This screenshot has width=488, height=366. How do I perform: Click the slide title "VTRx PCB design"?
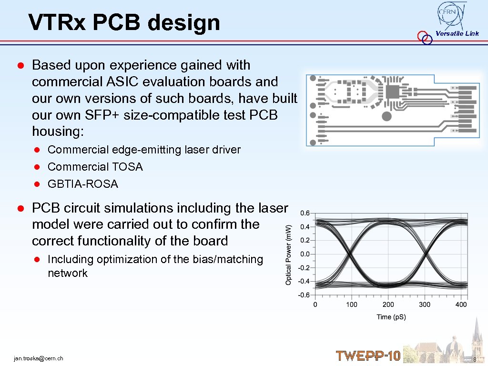pyautogui.click(x=124, y=22)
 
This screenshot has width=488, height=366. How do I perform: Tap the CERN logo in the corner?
pyautogui.click(x=451, y=15)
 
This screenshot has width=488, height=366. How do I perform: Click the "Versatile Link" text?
pyautogui.click(x=457, y=33)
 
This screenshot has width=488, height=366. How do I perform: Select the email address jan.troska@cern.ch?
pyautogui.click(x=39, y=358)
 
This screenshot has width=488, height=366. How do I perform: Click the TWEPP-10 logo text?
pyautogui.click(x=368, y=356)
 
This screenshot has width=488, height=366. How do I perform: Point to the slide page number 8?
pyautogui.click(x=475, y=359)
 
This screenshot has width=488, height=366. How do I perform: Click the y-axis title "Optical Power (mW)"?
pyautogui.click(x=289, y=255)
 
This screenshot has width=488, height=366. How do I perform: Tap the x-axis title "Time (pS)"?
pyautogui.click(x=391, y=317)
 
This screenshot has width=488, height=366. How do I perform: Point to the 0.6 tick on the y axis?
pyautogui.click(x=305, y=213)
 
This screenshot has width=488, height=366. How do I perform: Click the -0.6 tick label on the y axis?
pyautogui.click(x=304, y=295)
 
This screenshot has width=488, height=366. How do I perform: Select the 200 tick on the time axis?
pyautogui.click(x=388, y=305)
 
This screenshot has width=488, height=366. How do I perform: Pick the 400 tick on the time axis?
pyautogui.click(x=461, y=305)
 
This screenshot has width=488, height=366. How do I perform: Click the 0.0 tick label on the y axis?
pyautogui.click(x=305, y=254)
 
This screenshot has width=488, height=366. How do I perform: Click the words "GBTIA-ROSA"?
pyautogui.click(x=82, y=184)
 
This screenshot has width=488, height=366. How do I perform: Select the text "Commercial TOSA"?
pyautogui.click(x=95, y=167)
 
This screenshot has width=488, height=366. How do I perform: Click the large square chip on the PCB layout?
pyautogui.click(x=395, y=92)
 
